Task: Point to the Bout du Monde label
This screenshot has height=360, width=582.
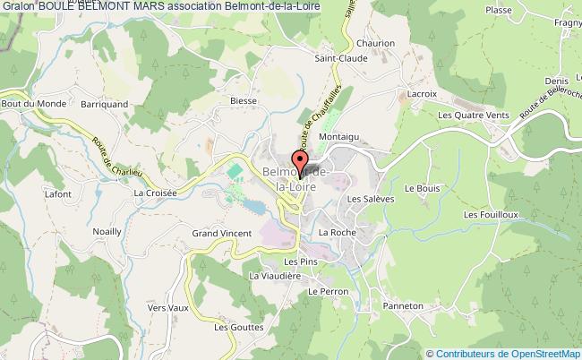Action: point(24,104)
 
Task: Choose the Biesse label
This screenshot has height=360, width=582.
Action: point(243,101)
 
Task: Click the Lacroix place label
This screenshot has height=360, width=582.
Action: point(422,93)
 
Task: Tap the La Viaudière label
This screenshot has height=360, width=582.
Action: point(274,276)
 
